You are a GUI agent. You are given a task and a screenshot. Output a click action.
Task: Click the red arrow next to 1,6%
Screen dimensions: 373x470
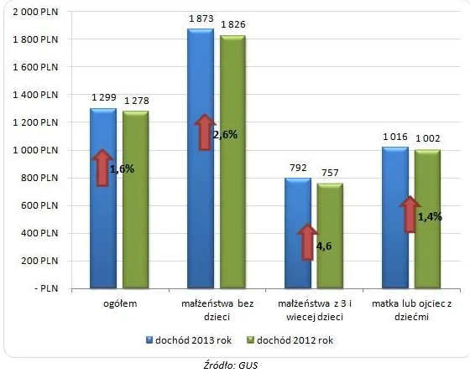coord(102,168)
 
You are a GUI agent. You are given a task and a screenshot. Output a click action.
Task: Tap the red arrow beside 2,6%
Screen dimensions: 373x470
coord(203,132)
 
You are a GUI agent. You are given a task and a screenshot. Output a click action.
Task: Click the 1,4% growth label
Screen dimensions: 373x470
coord(430,216)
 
